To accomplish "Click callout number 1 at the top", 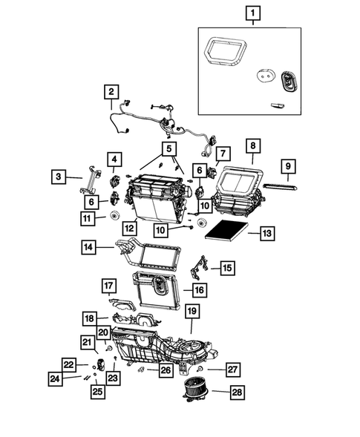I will tap(254, 13).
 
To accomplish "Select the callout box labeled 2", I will tap(111, 92).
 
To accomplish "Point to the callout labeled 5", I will tap(171, 148).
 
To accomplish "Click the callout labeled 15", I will tap(227, 267).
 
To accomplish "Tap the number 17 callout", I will tap(108, 285).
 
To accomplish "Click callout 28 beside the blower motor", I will tap(236, 392).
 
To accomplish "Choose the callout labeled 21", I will tap(88, 342).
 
